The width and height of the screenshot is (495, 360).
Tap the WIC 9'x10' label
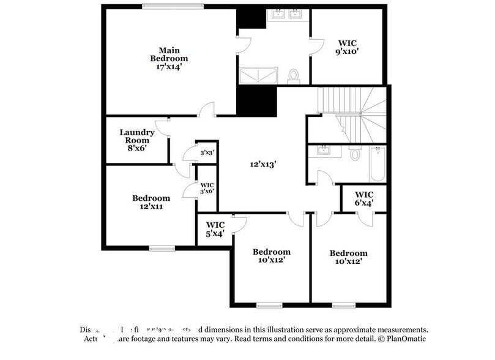[348, 48]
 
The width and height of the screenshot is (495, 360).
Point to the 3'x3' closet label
[206, 152]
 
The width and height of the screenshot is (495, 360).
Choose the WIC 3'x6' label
[206, 188]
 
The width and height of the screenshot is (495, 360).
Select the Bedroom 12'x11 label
[151, 202]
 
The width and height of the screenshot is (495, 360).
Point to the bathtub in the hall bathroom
[377, 164]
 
